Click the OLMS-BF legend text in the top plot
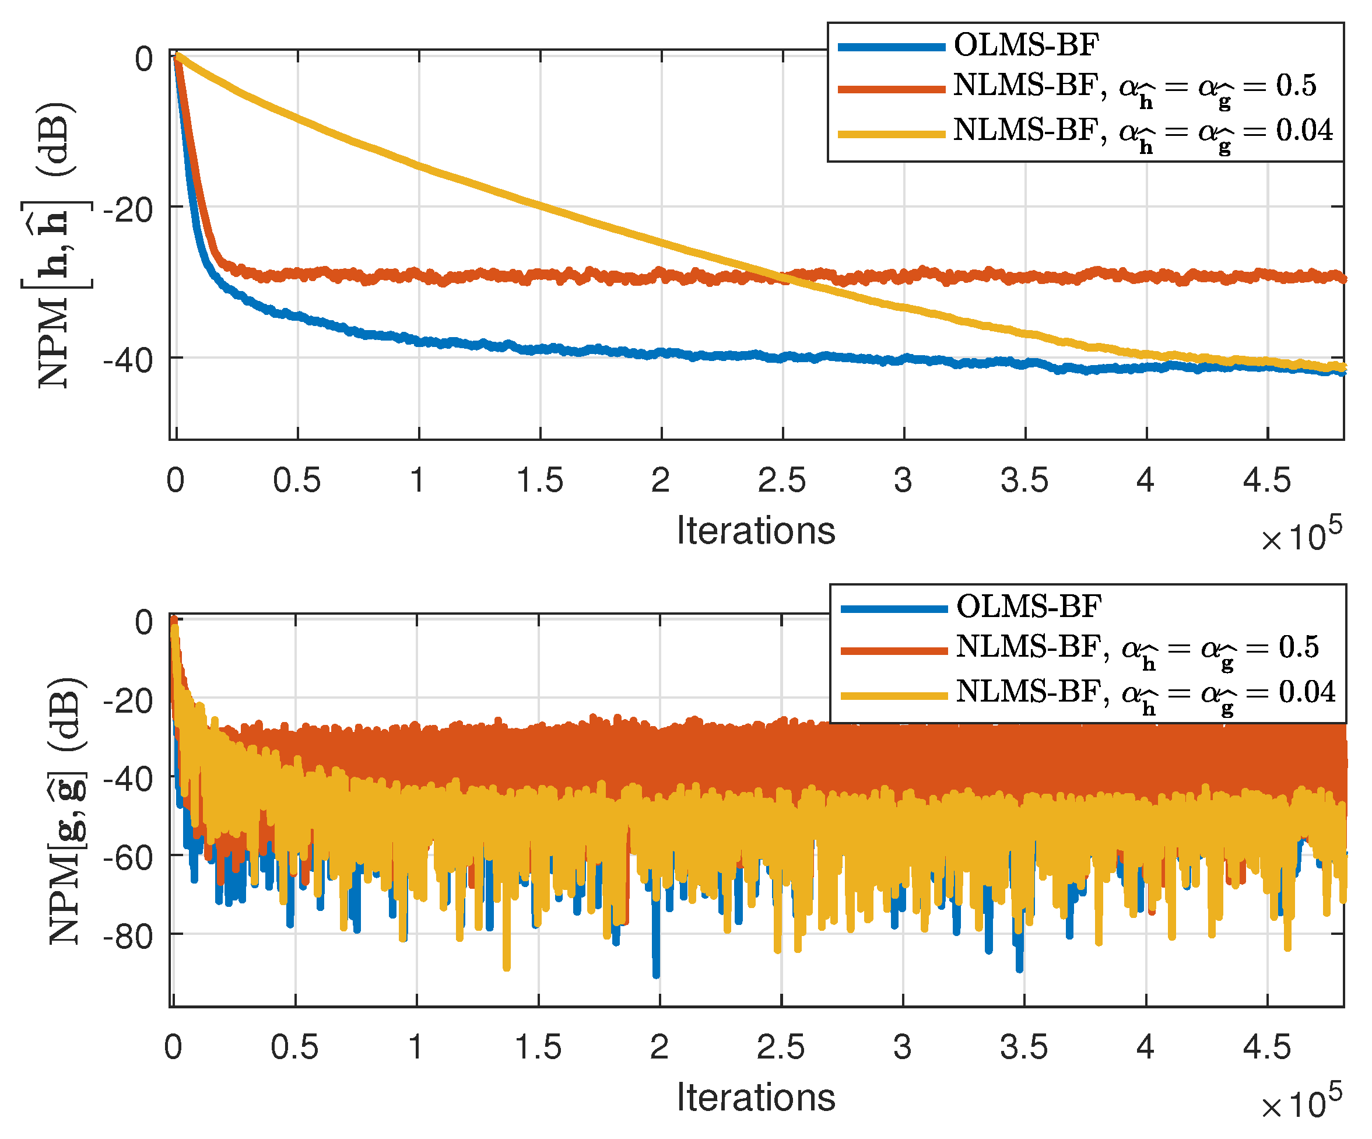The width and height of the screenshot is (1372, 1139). pyautogui.click(x=1026, y=45)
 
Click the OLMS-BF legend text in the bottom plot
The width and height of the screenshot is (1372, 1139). pyautogui.click(x=1029, y=607)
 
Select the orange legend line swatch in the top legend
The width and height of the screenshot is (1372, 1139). pyautogui.click(x=891, y=89)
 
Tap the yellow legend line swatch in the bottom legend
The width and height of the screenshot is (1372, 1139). pyautogui.click(x=894, y=695)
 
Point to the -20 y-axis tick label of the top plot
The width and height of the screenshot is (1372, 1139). pyautogui.click(x=128, y=211)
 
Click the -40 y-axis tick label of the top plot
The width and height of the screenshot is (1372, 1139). pyautogui.click(x=128, y=361)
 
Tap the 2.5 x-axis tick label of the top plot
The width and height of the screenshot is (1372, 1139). pyautogui.click(x=781, y=481)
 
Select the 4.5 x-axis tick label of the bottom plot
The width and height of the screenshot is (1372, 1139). pyautogui.click(x=1266, y=1047)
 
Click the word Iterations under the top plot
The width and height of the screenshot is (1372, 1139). pyautogui.click(x=755, y=531)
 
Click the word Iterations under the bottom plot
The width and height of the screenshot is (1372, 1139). pyautogui.click(x=755, y=1097)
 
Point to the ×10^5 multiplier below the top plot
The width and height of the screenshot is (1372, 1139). pyautogui.click(x=1300, y=535)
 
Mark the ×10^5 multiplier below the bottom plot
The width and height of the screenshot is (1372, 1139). pyautogui.click(x=1300, y=1103)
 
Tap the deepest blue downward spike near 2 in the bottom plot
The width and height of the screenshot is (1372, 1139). pyautogui.click(x=656, y=974)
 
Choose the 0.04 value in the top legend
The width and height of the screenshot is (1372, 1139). pyautogui.click(x=1304, y=131)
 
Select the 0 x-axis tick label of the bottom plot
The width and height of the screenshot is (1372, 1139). pyautogui.click(x=173, y=1047)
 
